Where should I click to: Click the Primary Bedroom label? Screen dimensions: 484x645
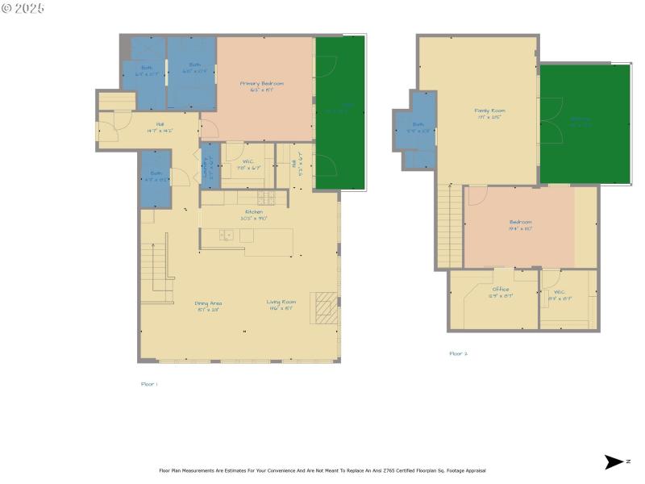[x=262, y=83]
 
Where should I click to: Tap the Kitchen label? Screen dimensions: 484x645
[x=255, y=212]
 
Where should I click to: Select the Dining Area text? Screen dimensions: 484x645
[x=208, y=303]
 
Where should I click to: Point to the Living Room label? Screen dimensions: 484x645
[x=281, y=302]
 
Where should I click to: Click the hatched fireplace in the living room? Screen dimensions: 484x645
[x=325, y=307]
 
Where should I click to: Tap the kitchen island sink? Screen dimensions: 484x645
[x=227, y=236]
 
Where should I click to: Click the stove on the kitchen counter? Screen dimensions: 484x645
[x=266, y=198]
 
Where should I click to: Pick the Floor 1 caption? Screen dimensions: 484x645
[x=148, y=385]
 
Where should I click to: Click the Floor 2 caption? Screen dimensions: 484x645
[x=459, y=353]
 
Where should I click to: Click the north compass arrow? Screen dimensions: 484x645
[x=613, y=462]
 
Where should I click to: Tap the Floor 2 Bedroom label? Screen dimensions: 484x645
[x=520, y=223]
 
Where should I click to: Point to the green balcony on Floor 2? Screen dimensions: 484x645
[x=584, y=123]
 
